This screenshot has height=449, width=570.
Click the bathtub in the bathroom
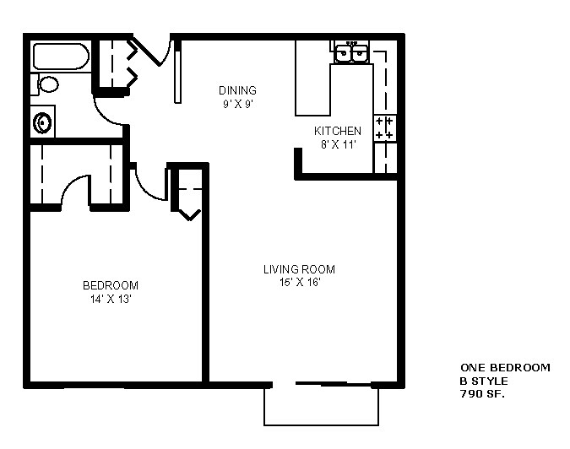pyautogui.click(x=60, y=57)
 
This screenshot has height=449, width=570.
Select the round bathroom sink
pyautogui.click(x=42, y=124)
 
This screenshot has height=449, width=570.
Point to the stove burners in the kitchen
pyautogui.click(x=384, y=128)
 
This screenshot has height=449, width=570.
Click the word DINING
pyautogui.click(x=237, y=91)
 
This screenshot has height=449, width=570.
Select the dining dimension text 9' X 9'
pyautogui.click(x=237, y=104)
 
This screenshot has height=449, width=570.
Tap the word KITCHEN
pyautogui.click(x=338, y=132)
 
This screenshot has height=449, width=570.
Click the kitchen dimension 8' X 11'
pyautogui.click(x=338, y=144)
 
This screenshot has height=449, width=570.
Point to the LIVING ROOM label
pyautogui.click(x=299, y=270)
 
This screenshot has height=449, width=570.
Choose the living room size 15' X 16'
pyautogui.click(x=299, y=283)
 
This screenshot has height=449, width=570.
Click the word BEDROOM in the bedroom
pyautogui.click(x=110, y=285)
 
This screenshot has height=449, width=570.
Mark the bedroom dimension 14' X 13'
pyautogui.click(x=110, y=298)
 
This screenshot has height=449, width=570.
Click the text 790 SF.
pyautogui.click(x=482, y=393)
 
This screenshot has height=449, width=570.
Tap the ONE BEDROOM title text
pyautogui.click(x=505, y=368)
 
